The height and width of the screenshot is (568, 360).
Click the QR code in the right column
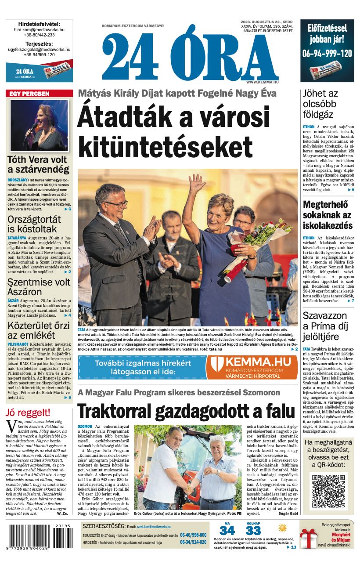click(x=328, y=491)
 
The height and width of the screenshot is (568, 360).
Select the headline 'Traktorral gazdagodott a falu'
click(x=186, y=411)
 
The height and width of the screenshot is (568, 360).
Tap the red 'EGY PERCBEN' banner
click(x=39, y=94)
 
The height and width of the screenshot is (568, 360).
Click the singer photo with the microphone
click(x=39, y=126)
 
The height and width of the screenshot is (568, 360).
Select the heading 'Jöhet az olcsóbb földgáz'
click(x=320, y=104)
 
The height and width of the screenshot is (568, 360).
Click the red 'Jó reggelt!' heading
click(x=28, y=413)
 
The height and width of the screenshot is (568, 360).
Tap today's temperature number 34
click(x=227, y=531)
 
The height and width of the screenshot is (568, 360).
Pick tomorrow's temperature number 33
click(x=253, y=531)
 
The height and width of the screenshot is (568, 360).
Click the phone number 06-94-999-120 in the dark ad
click(x=327, y=54)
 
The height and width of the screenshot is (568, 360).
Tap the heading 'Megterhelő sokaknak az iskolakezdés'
click(x=328, y=215)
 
